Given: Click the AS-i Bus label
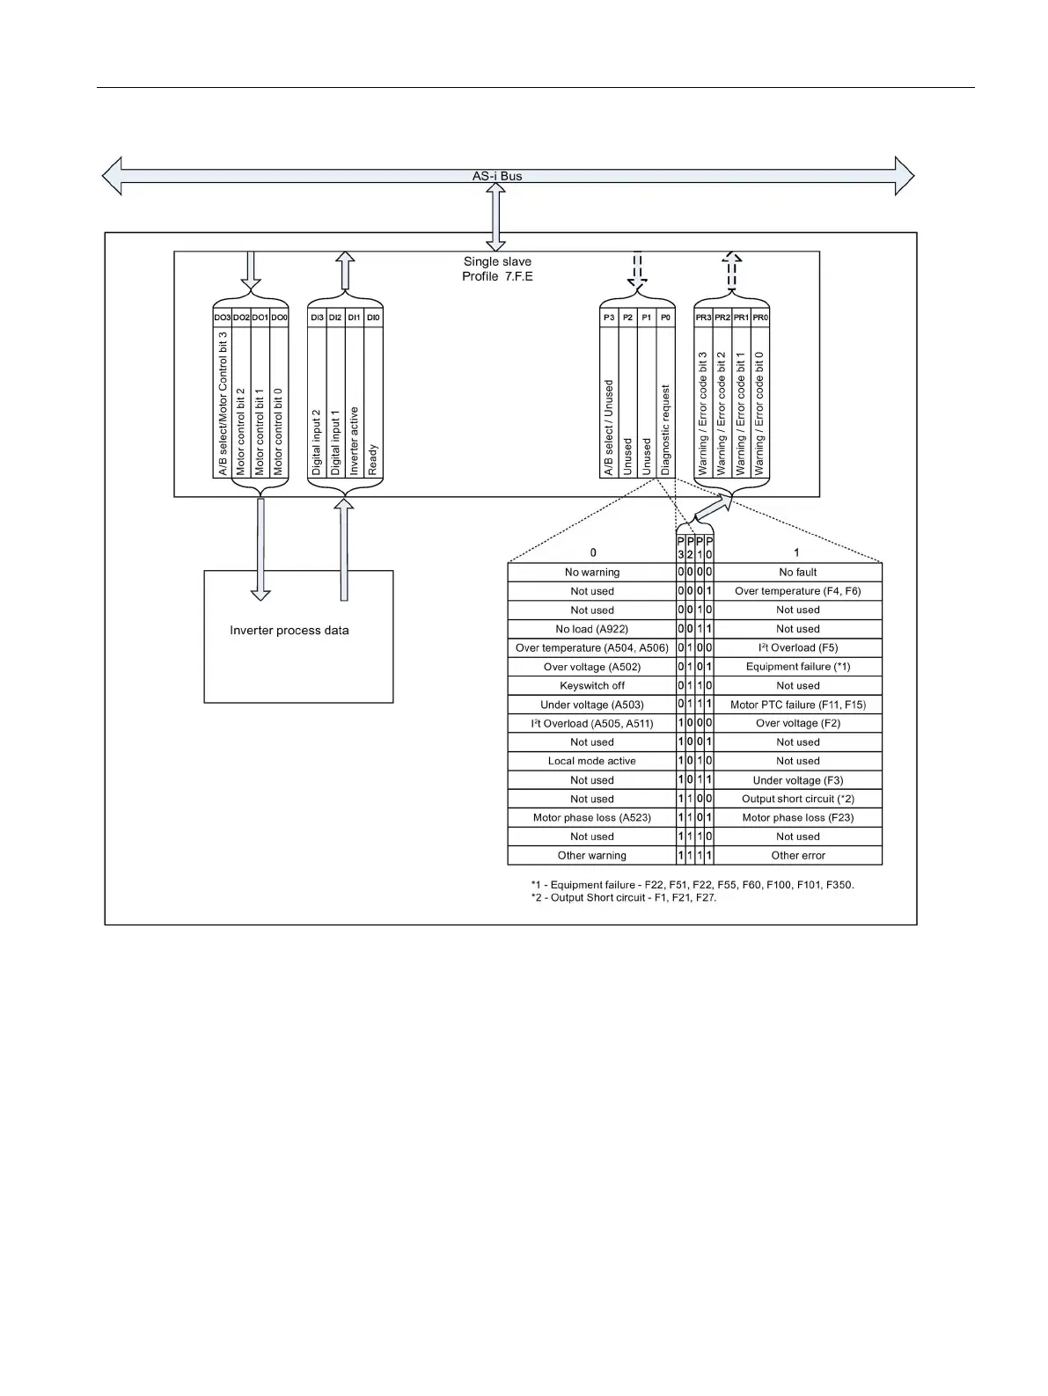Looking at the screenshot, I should (x=496, y=176).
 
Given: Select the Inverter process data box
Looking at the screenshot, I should (x=298, y=636).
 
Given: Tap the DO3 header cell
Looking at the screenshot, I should (x=223, y=318).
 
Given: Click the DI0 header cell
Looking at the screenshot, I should (x=373, y=318).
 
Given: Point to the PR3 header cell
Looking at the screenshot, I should (x=703, y=318).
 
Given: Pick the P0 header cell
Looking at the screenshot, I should (x=665, y=318).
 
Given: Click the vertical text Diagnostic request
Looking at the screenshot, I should (x=665, y=430).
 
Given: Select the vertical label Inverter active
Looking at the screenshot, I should (x=355, y=441).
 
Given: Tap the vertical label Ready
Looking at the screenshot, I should (x=373, y=460).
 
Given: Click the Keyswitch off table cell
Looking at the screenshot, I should (x=592, y=686).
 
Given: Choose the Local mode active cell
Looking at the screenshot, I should (x=592, y=761).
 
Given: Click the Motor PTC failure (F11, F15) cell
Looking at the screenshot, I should (x=798, y=705).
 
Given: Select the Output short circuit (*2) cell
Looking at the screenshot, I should (x=798, y=799).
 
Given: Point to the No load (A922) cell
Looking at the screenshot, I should (x=592, y=629).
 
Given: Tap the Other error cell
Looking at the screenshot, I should (x=798, y=855).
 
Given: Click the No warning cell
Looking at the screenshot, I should (x=592, y=573).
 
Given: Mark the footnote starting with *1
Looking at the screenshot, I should (x=692, y=885).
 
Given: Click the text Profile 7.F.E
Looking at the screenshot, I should (x=497, y=276).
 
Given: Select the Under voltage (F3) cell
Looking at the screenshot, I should (x=798, y=780).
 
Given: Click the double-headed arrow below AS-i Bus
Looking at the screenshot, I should (x=496, y=216).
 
